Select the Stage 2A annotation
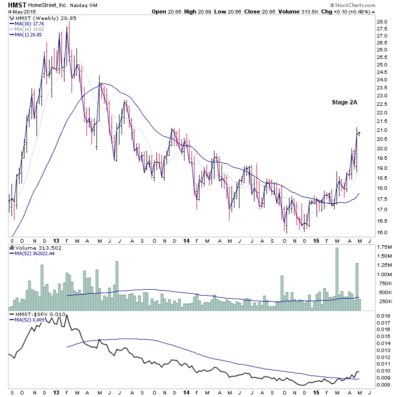coord(344,102)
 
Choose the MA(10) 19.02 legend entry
coord(30,28)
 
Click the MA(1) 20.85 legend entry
coord(29,34)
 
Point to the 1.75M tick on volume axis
coord(385,247)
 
